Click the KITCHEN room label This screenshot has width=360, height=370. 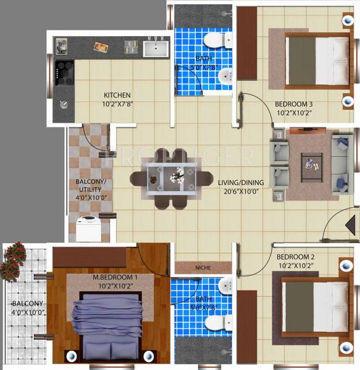point(117,95)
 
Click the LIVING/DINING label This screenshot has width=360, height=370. point(241,183)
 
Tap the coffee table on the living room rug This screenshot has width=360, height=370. point(311,164)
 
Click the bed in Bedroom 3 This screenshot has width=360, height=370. point(317,60)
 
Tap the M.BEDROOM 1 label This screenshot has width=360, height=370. point(115,277)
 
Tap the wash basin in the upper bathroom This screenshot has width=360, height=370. point(225,76)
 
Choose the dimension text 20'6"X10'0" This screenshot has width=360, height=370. point(241,192)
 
